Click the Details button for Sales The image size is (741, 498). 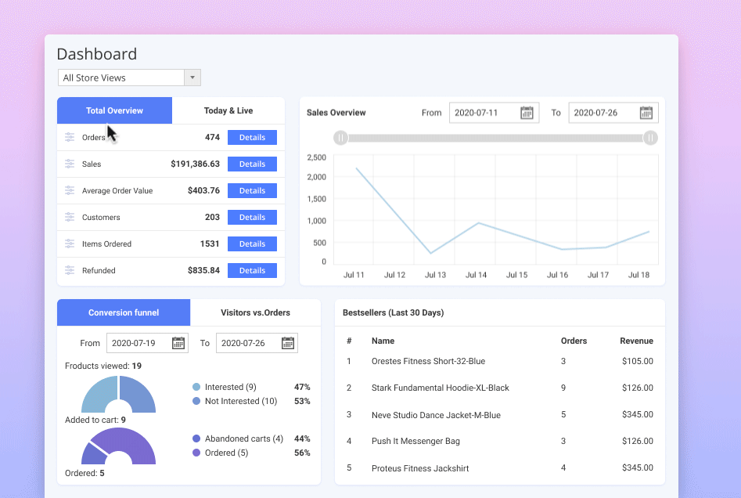(x=252, y=164)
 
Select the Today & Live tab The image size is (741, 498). (x=228, y=110)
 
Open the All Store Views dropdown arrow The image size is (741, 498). (x=192, y=78)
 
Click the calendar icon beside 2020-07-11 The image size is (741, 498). (x=527, y=113)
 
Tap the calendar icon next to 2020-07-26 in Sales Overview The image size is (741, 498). (x=646, y=113)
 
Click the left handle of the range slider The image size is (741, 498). (x=340, y=138)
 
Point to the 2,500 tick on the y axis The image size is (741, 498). (x=316, y=157)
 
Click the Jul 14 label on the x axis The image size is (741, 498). (x=476, y=275)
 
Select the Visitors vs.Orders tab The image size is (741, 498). (x=255, y=312)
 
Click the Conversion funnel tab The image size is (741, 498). (x=124, y=312)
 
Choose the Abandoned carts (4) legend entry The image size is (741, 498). (x=243, y=438)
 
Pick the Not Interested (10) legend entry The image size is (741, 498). (x=240, y=401)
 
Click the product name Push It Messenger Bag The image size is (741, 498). (x=415, y=442)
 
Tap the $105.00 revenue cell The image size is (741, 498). (x=638, y=362)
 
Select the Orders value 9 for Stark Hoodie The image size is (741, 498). (x=563, y=388)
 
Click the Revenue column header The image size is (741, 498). (x=636, y=341)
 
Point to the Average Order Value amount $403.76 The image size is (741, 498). (x=203, y=191)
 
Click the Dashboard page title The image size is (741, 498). (x=97, y=54)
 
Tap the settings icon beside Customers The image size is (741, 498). (x=70, y=218)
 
